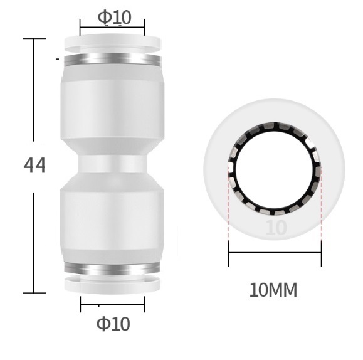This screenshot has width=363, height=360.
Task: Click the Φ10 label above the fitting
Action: pyautogui.click(x=114, y=17)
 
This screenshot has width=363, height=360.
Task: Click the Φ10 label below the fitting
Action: pyautogui.click(x=113, y=324)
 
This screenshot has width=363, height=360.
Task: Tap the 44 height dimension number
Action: pyautogui.click(x=34, y=166)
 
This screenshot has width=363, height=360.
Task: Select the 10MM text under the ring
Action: pyautogui.click(x=273, y=291)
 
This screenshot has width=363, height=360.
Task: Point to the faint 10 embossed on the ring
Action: pyautogui.click(x=276, y=227)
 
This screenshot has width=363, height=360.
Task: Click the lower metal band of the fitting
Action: pyautogui.click(x=112, y=269)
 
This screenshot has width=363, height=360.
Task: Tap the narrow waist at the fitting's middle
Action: pyautogui.click(x=112, y=165)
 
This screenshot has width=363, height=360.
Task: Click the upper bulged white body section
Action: pyautogui.click(x=112, y=107)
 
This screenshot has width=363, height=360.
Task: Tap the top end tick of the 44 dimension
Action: pyautogui.click(x=34, y=38)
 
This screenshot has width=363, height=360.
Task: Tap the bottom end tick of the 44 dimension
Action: pyautogui.click(x=34, y=293)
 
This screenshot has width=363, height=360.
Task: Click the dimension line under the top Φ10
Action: pyautogui.click(x=112, y=28)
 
